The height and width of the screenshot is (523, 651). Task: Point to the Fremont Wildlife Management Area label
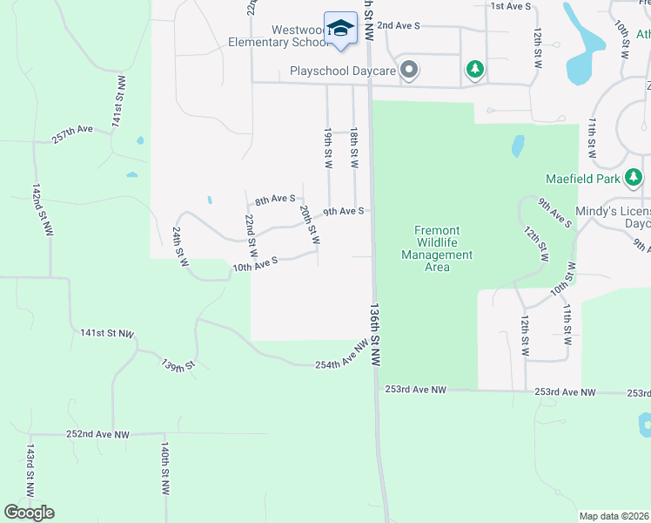437,248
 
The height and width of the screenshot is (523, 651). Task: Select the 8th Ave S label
275,200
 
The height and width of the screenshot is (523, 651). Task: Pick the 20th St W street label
310,224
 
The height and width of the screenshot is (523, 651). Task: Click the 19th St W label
328,148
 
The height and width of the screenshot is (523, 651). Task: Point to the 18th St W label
354,148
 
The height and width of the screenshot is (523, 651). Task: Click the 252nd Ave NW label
97,434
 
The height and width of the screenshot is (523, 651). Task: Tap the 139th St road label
178,364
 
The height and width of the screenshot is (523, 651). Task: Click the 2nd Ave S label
399,26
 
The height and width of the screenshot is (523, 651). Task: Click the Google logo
29,513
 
